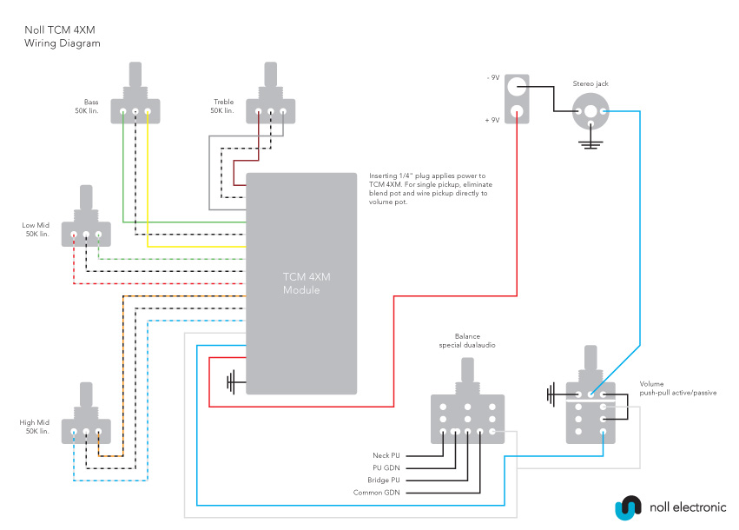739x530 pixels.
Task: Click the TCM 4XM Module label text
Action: coord(301,283)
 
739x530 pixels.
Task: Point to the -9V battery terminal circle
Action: coord(518,86)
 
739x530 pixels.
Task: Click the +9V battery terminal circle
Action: coord(518,112)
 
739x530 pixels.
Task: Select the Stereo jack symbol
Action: coord(591,112)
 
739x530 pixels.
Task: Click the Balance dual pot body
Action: coord(467,418)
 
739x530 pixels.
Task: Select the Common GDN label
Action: coord(377,493)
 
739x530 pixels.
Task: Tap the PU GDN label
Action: coord(386,467)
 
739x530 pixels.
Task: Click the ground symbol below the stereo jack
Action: coord(591,141)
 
